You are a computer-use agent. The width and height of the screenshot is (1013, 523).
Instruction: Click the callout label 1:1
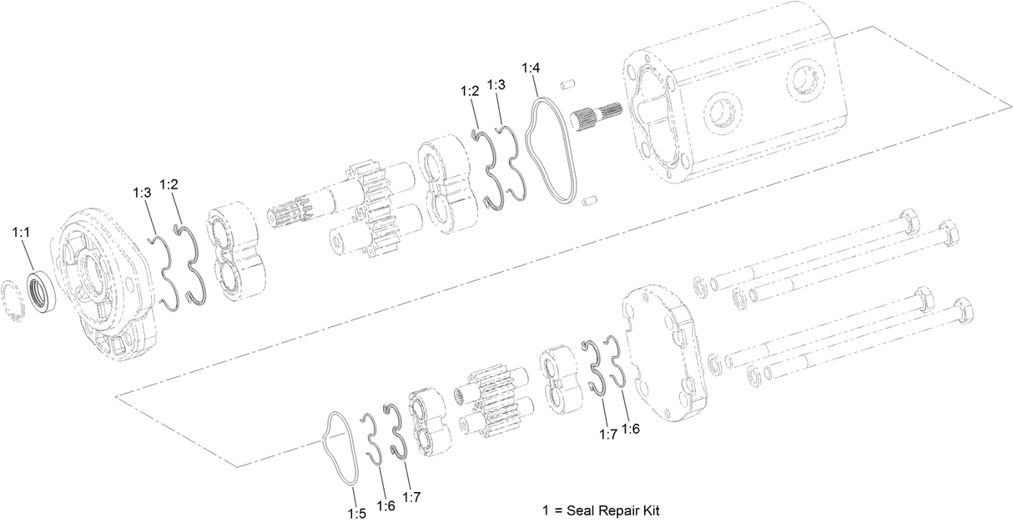pos(21,233)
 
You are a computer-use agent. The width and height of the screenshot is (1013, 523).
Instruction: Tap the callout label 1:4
pos(531,68)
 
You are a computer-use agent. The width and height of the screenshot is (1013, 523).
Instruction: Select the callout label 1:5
pos(357,514)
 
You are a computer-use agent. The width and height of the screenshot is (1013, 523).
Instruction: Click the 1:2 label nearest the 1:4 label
pos(470,91)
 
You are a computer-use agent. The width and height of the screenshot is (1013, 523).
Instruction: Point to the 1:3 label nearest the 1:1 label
pos(142,193)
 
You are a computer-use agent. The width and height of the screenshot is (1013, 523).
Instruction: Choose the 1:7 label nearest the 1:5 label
pos(411,498)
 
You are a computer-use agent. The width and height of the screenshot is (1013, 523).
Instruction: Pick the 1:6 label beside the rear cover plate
pos(630,429)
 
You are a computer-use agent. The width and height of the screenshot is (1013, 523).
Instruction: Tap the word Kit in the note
pos(651,510)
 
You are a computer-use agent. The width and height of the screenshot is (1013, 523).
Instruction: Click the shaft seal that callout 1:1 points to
pos(43,290)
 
